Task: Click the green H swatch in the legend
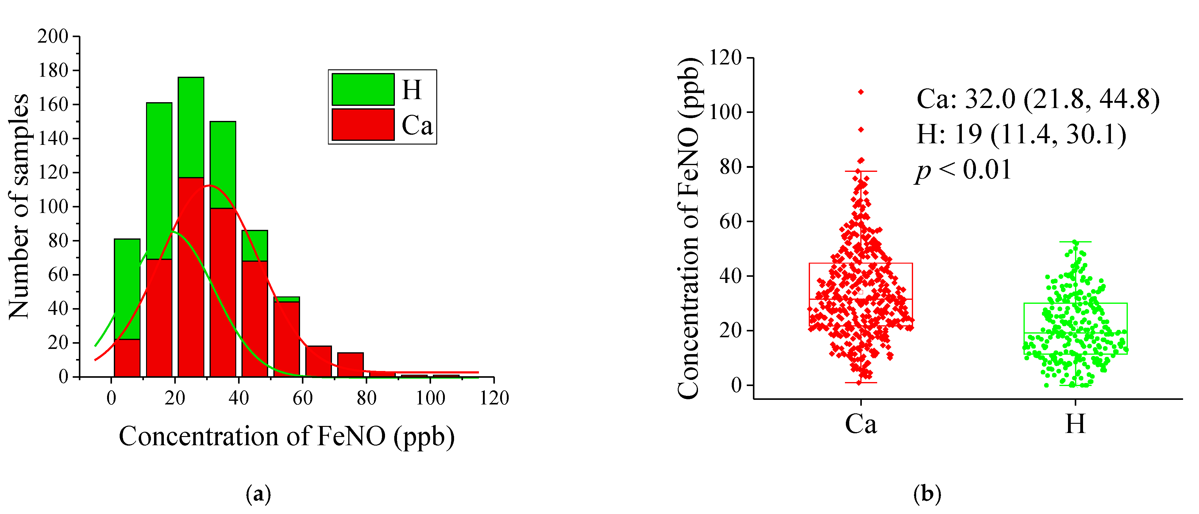(x=363, y=89)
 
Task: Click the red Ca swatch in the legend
(x=363, y=124)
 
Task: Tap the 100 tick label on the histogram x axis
(x=430, y=398)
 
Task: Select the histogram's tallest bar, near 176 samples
(x=191, y=127)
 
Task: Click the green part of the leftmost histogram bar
(x=127, y=289)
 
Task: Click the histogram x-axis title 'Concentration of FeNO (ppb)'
(x=286, y=437)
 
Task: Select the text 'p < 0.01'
(x=963, y=170)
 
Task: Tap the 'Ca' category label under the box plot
(x=861, y=424)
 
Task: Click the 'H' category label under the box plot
(x=1075, y=424)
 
